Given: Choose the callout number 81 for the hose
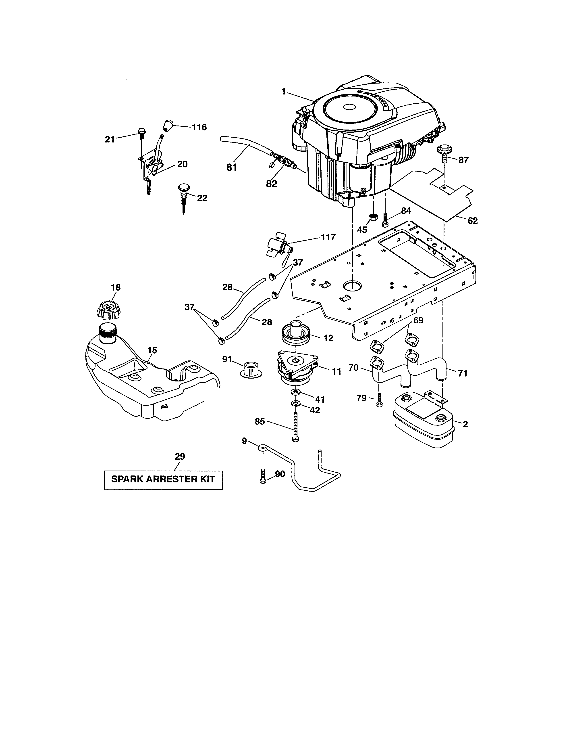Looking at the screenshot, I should click(x=232, y=167).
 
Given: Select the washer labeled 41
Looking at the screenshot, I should click(x=296, y=393).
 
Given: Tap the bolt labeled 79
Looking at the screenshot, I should click(x=379, y=400).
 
